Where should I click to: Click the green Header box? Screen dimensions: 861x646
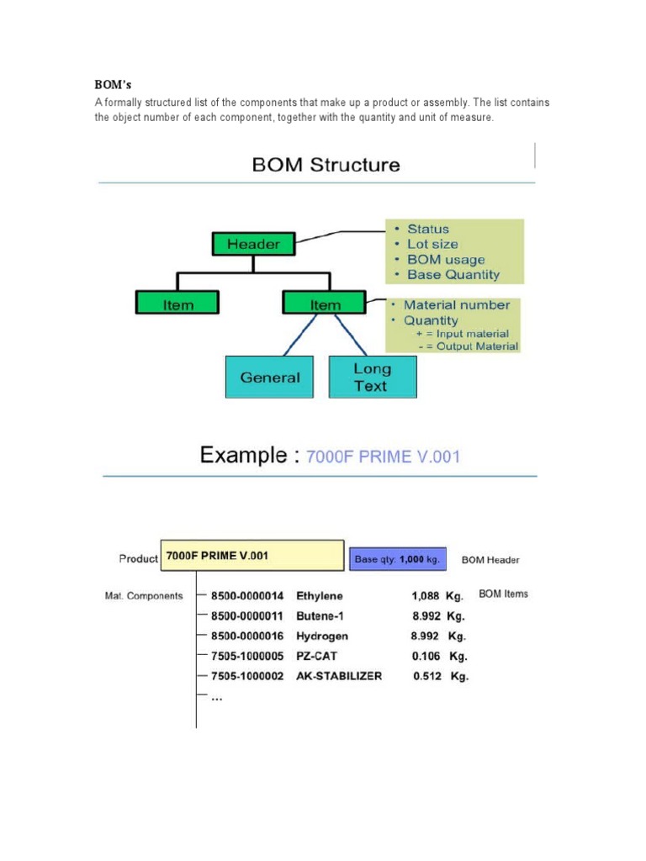click(x=253, y=244)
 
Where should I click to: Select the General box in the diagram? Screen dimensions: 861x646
click(x=269, y=378)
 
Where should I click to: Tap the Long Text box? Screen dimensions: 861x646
click(x=372, y=378)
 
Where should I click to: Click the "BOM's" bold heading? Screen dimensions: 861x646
click(x=113, y=85)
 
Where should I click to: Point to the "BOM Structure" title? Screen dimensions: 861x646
click(x=326, y=165)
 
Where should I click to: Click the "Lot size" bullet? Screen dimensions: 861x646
click(x=432, y=244)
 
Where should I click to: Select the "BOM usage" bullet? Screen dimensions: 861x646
click(x=446, y=260)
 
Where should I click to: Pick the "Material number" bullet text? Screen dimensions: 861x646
click(x=457, y=305)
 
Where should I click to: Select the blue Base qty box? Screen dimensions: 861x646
click(x=397, y=558)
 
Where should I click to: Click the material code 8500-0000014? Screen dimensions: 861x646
click(x=247, y=595)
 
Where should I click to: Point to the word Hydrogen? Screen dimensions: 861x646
click(x=321, y=637)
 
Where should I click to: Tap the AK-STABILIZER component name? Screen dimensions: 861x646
click(x=339, y=676)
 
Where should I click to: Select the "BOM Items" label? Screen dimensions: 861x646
click(x=503, y=594)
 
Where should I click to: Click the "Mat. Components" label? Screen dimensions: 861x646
click(x=144, y=596)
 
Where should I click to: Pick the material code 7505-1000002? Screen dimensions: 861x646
click(x=247, y=676)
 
